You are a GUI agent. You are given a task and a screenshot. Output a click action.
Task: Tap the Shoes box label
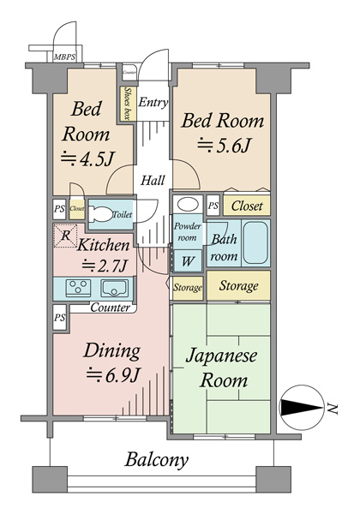pyautogui.click(x=128, y=102)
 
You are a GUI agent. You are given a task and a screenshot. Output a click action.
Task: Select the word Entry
pyautogui.click(x=153, y=103)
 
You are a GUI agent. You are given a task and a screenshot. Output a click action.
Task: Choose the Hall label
pyautogui.click(x=153, y=181)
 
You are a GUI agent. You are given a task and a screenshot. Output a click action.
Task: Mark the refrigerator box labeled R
pyautogui.click(x=65, y=236)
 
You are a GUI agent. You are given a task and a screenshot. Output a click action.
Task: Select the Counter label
pyautogui.click(x=111, y=308)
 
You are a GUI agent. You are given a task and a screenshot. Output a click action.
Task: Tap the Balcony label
pyautogui.click(x=157, y=460)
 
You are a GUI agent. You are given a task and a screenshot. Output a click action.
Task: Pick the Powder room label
pyautogui.click(x=187, y=232)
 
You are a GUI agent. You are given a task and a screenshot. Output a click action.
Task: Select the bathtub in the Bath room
pyautogui.click(x=255, y=242)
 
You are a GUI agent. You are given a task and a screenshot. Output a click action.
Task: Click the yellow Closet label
pyautogui.click(x=248, y=206)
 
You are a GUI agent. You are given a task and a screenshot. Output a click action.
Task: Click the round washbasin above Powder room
pyautogui.click(x=186, y=206)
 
